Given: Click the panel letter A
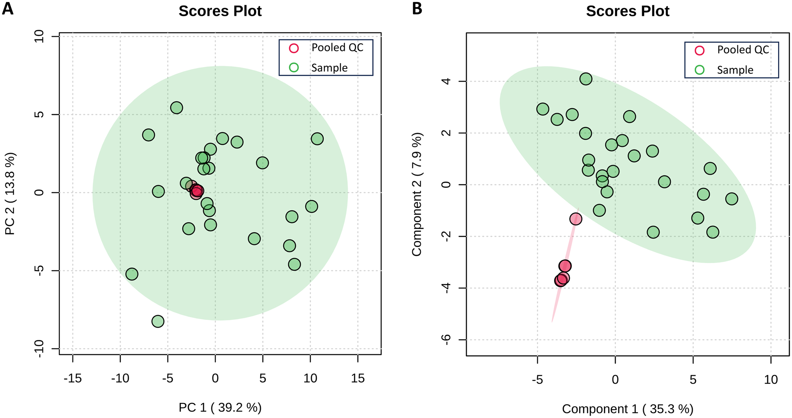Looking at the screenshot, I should tap(7, 8).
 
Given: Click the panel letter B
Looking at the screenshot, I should tap(417, 8).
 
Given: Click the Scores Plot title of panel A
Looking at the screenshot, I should tap(220, 11).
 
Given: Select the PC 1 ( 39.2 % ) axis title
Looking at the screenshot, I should tap(220, 408).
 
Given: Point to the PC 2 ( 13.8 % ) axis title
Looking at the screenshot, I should tap(10, 194).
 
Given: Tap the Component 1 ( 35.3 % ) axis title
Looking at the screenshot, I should tap(627, 409).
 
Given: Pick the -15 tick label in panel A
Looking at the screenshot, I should tap(73, 379).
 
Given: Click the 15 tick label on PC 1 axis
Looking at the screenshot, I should tap(358, 379).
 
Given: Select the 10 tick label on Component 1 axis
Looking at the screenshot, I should tap(771, 380).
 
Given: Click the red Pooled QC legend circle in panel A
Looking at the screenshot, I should tap(294, 48).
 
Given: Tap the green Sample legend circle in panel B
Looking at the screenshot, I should tap(699, 70).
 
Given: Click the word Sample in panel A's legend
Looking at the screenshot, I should tap(329, 68).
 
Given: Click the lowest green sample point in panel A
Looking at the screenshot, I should tap(158, 321).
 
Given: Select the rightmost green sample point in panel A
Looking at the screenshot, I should tap(317, 139).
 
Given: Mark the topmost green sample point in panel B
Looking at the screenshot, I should tap(586, 79).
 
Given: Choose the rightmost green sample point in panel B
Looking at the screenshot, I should tap(731, 199).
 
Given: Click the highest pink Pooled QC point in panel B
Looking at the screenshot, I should tap(576, 219).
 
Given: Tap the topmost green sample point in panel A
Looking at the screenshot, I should tap(177, 108).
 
